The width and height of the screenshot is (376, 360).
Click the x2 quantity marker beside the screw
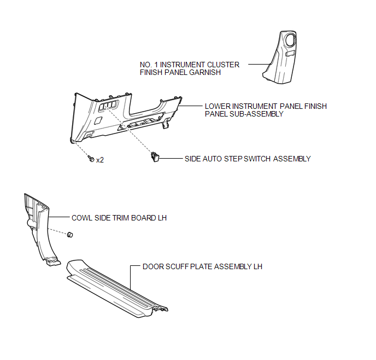[100, 160]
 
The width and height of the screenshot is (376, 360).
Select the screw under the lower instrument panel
[91, 159]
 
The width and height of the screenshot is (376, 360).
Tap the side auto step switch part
[155, 157]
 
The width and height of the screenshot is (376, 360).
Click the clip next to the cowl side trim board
[70, 235]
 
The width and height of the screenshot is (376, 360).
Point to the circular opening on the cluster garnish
[290, 40]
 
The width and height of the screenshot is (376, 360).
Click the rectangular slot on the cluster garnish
[290, 54]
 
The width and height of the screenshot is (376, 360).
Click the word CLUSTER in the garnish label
[223, 65]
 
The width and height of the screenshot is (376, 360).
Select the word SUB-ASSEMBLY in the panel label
[256, 114]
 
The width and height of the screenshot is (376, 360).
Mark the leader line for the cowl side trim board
[59, 217]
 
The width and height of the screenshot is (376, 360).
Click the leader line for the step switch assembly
[171, 159]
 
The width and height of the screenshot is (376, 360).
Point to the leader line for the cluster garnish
[259, 65]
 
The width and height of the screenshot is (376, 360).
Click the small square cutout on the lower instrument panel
[98, 120]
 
